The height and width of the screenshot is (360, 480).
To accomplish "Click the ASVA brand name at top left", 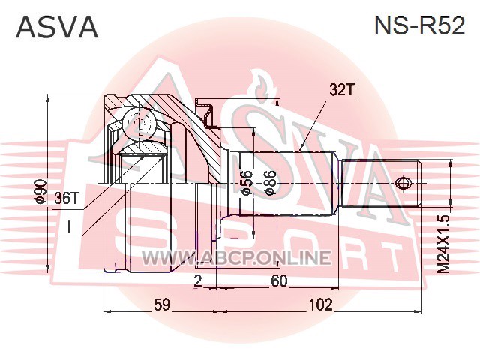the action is pos(57,27).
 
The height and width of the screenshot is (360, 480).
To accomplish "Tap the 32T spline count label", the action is pos(342,89).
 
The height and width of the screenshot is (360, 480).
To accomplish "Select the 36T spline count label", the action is pos(67,198).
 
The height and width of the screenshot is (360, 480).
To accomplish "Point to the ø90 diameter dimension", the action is pos(40,192).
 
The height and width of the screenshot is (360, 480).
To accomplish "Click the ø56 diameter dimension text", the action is pos(247,183).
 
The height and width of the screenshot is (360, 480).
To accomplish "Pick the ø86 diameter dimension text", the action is pos(271,183).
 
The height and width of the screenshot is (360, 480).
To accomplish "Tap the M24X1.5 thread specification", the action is pos(443,244).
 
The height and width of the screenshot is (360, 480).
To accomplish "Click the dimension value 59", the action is pos(162,304).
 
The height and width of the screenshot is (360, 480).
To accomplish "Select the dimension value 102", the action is pos(320,304).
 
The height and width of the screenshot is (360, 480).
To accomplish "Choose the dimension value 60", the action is pos(280,281).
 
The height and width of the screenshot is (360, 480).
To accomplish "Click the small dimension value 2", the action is pos(198,281).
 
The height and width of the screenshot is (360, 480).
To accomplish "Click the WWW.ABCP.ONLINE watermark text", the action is pos(236,257).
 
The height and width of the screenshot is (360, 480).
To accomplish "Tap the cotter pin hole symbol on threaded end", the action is pos(402,183).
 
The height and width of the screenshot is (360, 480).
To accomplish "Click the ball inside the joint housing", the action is pos(139,123).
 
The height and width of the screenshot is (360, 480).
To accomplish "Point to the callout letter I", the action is pos(69,228).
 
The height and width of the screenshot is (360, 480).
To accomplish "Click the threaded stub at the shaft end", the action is pos(382,183).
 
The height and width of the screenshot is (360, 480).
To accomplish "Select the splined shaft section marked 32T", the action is pos(286,183).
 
